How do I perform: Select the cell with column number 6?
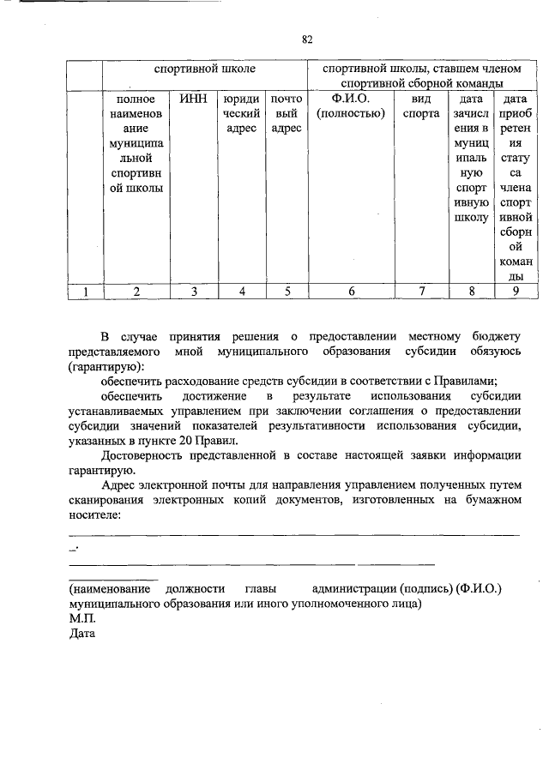click(350, 292)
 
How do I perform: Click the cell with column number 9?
click(515, 292)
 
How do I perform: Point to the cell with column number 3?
click(194, 292)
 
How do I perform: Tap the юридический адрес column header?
click(241, 113)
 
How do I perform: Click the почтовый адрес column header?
click(287, 113)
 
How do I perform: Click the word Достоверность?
click(142, 454)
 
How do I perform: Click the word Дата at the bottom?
click(83, 634)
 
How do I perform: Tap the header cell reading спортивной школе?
click(204, 68)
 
